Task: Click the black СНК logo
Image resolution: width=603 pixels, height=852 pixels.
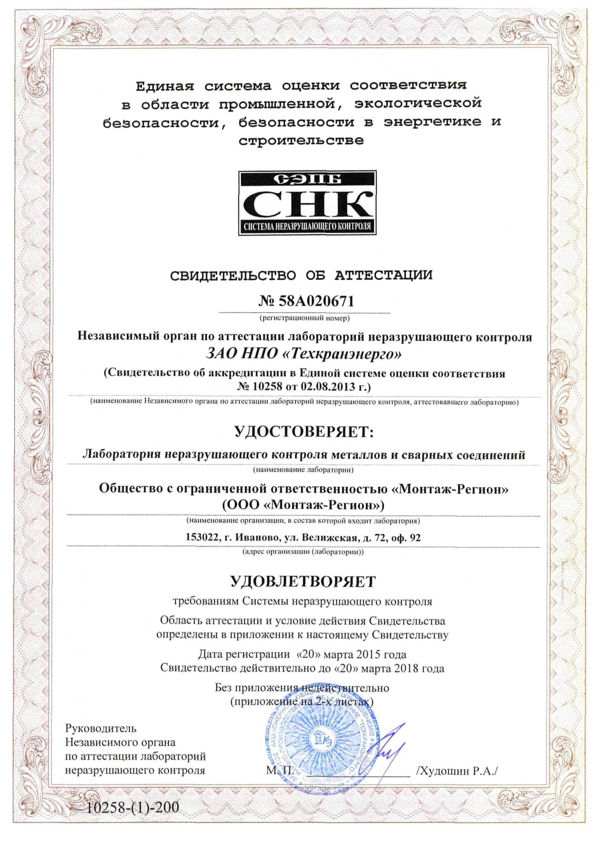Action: click(x=307, y=203)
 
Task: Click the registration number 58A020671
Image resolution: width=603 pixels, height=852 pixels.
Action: click(x=317, y=302)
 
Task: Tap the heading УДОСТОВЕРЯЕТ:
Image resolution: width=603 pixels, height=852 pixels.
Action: click(x=304, y=431)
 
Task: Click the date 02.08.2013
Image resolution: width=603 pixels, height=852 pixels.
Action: click(x=328, y=387)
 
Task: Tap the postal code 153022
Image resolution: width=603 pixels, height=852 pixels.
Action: click(x=202, y=538)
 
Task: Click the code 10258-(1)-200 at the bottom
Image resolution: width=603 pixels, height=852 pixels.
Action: click(x=133, y=807)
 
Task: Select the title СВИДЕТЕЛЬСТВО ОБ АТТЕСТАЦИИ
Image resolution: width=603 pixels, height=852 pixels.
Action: click(x=301, y=275)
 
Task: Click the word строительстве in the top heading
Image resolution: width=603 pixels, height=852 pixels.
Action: click(x=301, y=141)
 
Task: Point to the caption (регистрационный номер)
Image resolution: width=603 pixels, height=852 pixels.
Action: click(x=304, y=318)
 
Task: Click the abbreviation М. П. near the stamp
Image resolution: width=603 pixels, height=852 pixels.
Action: click(x=280, y=770)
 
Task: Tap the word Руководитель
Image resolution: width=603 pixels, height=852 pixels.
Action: click(x=101, y=728)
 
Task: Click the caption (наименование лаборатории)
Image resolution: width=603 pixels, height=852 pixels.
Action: click(x=303, y=469)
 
